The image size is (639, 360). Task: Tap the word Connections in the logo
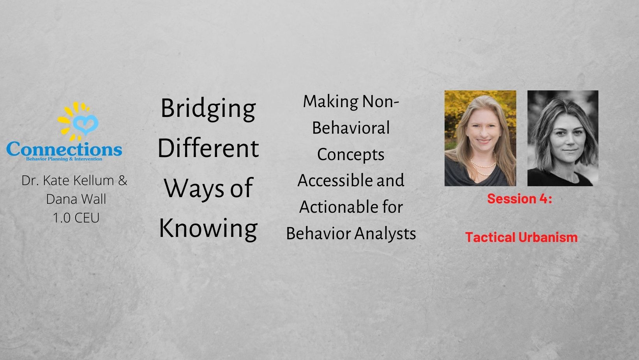[x=64, y=149]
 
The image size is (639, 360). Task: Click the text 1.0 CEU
[x=76, y=218]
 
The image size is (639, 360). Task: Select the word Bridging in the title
[x=208, y=109]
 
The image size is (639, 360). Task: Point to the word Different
[x=208, y=148]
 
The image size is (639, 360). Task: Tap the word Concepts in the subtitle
[x=351, y=155]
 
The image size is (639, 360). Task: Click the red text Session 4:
[x=519, y=199]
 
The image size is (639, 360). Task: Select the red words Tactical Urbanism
[x=521, y=237]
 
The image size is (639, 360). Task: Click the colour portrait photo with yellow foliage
[x=480, y=138]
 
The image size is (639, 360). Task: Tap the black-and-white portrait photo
[x=563, y=138]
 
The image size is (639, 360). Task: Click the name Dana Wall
[x=76, y=199]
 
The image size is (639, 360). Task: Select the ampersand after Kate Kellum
[x=122, y=180]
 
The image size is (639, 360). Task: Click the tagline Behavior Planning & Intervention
[x=64, y=159]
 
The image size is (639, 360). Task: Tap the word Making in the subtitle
[x=330, y=102]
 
